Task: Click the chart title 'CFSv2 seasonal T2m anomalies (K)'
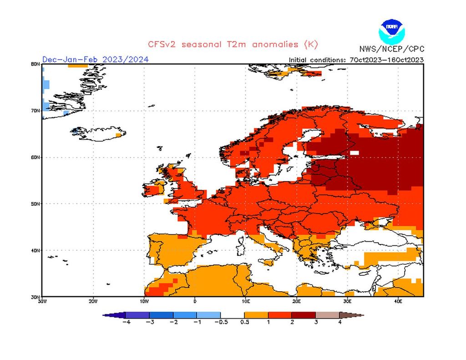(233, 44)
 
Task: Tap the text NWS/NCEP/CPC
(391, 49)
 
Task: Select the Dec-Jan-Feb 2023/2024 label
(95, 60)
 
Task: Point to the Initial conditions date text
(357, 60)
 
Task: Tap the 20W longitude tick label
(93, 301)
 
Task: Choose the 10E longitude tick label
(246, 301)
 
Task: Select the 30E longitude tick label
(347, 301)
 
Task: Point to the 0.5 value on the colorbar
(244, 322)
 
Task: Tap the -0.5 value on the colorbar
(220, 322)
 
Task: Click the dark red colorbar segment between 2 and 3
(304, 314)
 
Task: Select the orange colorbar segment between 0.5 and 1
(256, 314)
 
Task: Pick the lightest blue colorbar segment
(208, 314)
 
